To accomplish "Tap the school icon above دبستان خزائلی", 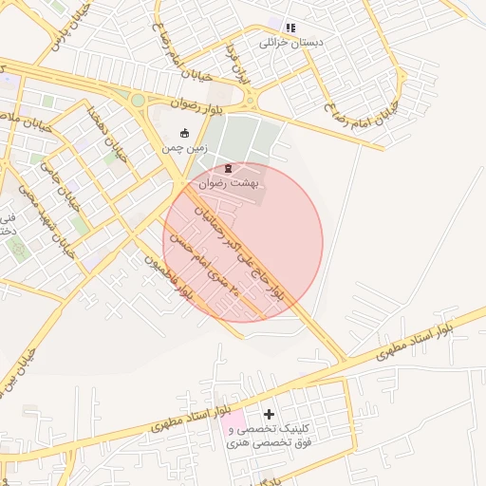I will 290,28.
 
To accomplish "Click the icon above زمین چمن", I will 184,134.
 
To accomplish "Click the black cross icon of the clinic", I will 270,414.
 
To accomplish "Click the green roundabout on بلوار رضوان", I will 138,100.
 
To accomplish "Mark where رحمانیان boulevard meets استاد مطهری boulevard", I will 344,361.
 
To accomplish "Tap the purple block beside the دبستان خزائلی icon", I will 276,28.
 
